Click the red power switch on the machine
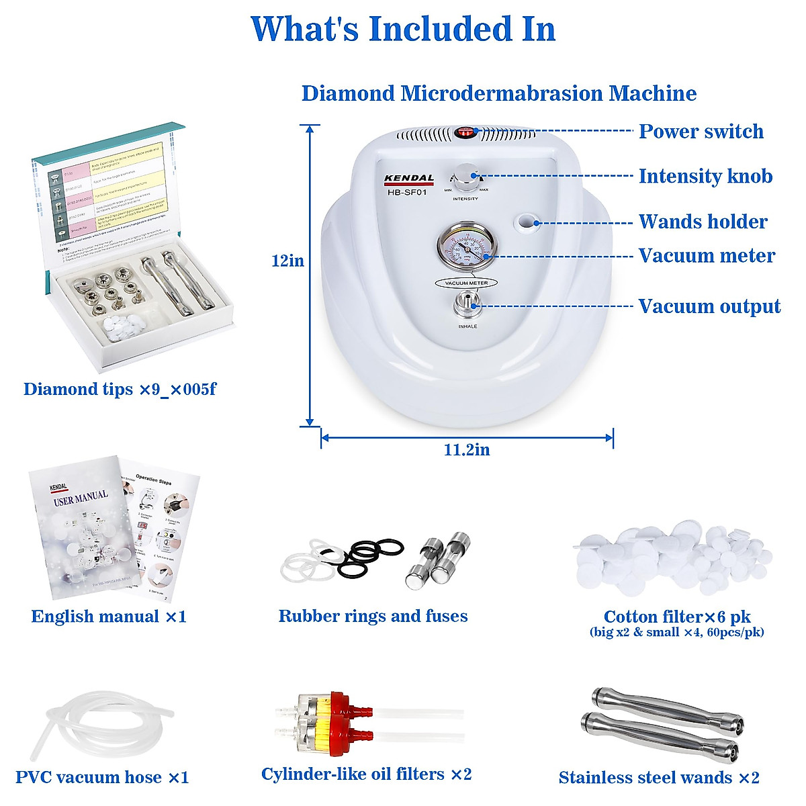click(x=465, y=132)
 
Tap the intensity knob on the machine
click(x=466, y=177)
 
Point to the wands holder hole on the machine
click(x=526, y=221)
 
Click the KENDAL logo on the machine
click(x=409, y=179)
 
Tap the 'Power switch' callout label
click(x=701, y=132)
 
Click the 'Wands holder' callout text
click(x=703, y=222)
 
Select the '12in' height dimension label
click(x=287, y=261)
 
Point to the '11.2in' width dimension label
click(x=467, y=450)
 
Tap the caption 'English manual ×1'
click(x=109, y=617)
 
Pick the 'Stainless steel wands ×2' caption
click(x=659, y=778)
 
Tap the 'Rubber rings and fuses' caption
click(x=373, y=617)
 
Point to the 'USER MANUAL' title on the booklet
click(x=81, y=498)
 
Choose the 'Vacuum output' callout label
click(x=709, y=307)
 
